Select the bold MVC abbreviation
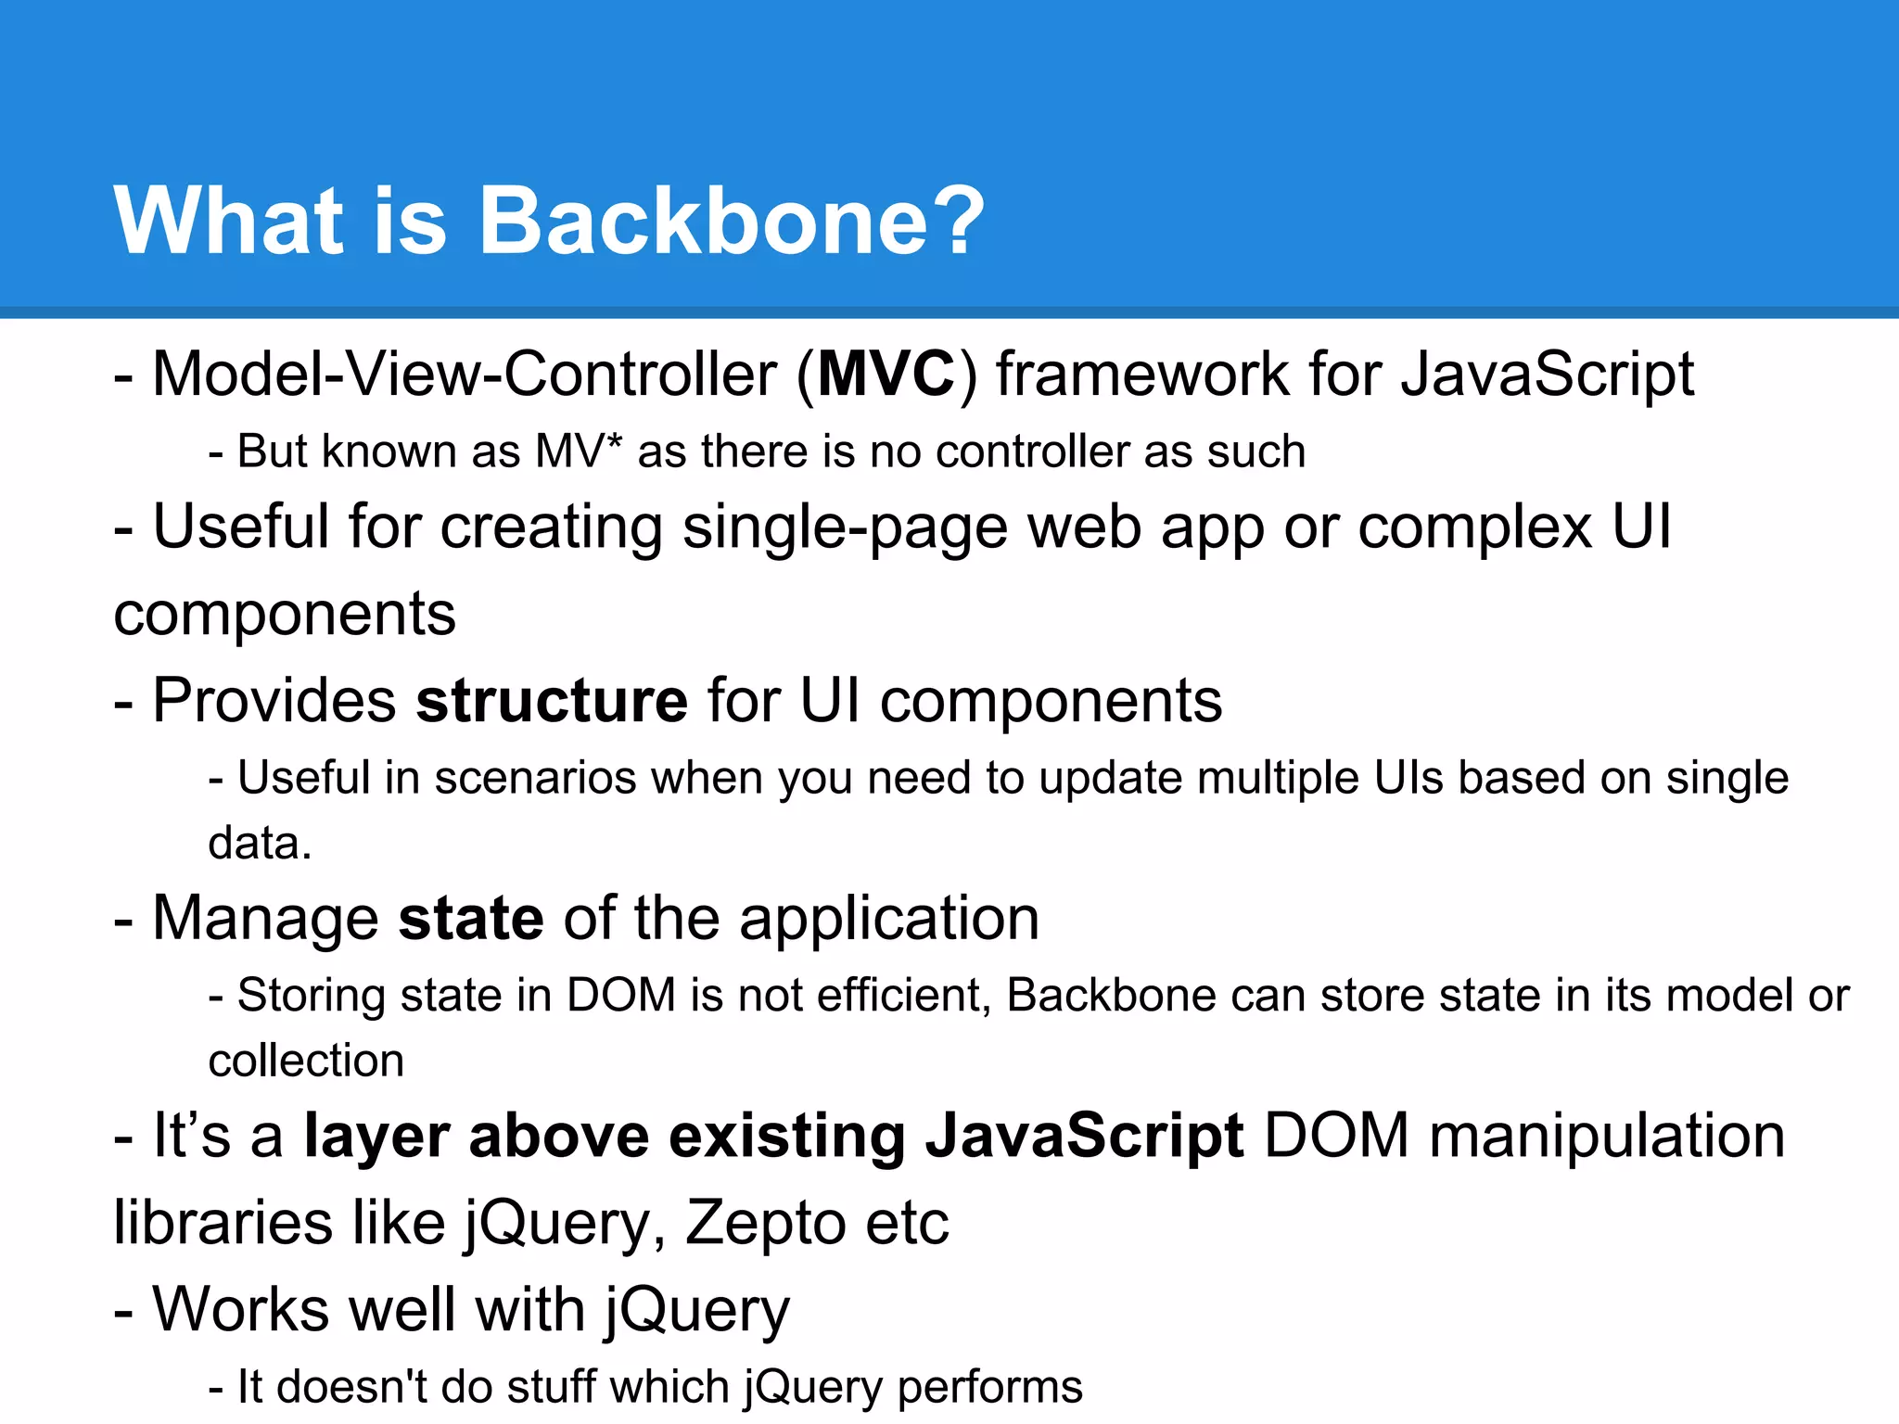click(x=886, y=374)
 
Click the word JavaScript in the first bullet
click(x=1547, y=374)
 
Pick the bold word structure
click(x=552, y=700)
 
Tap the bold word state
click(x=470, y=918)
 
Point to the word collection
click(x=306, y=1061)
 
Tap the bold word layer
click(x=376, y=1137)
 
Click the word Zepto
click(x=764, y=1222)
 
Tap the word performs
click(x=989, y=1388)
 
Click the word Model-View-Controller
click(x=464, y=374)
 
